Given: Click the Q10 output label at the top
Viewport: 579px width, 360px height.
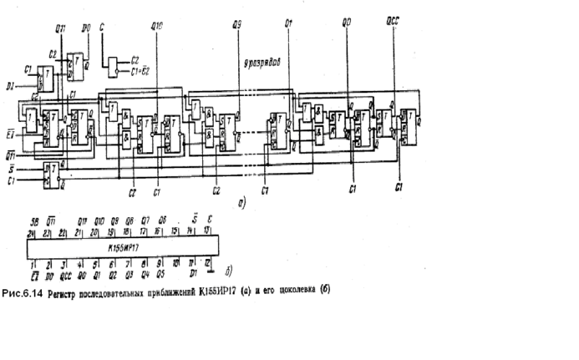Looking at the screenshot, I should tap(156, 29).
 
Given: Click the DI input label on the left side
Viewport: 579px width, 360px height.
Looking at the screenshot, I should tap(10, 85).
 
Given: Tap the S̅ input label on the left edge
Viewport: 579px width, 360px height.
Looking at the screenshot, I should tap(10, 169).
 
